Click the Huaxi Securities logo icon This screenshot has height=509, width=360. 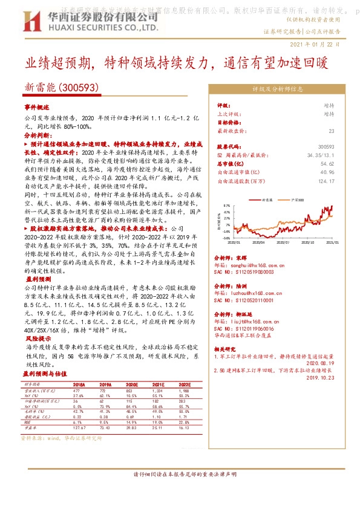coord(30,24)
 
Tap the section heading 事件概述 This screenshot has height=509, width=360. coord(36,106)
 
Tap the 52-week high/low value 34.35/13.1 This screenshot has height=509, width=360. coord(321,155)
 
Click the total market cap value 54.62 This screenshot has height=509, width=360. coord(327,164)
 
